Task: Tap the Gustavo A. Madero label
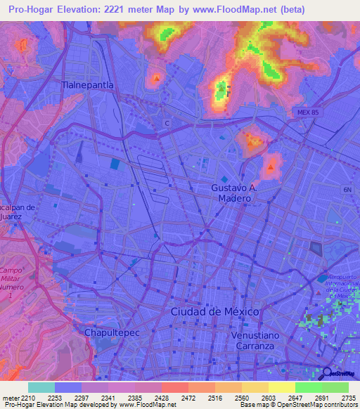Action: click(x=236, y=193)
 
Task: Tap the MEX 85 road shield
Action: click(x=307, y=112)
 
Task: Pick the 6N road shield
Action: click(x=347, y=190)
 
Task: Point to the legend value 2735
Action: click(x=349, y=396)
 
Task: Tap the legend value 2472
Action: click(x=188, y=396)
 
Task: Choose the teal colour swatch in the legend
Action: click(x=41, y=387)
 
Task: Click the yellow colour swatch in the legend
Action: click(x=281, y=387)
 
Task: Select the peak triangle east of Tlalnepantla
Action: click(x=155, y=78)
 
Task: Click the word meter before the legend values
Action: click(x=11, y=396)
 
